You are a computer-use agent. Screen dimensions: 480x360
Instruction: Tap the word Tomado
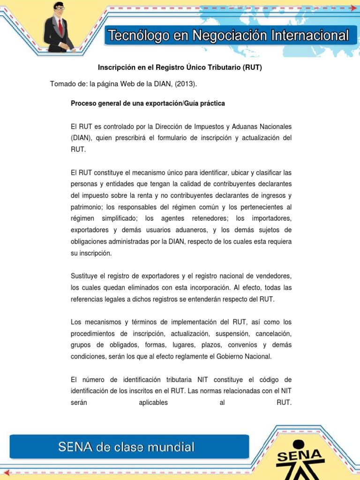[x=63, y=84]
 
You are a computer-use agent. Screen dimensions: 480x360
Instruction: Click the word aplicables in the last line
[x=153, y=402]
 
